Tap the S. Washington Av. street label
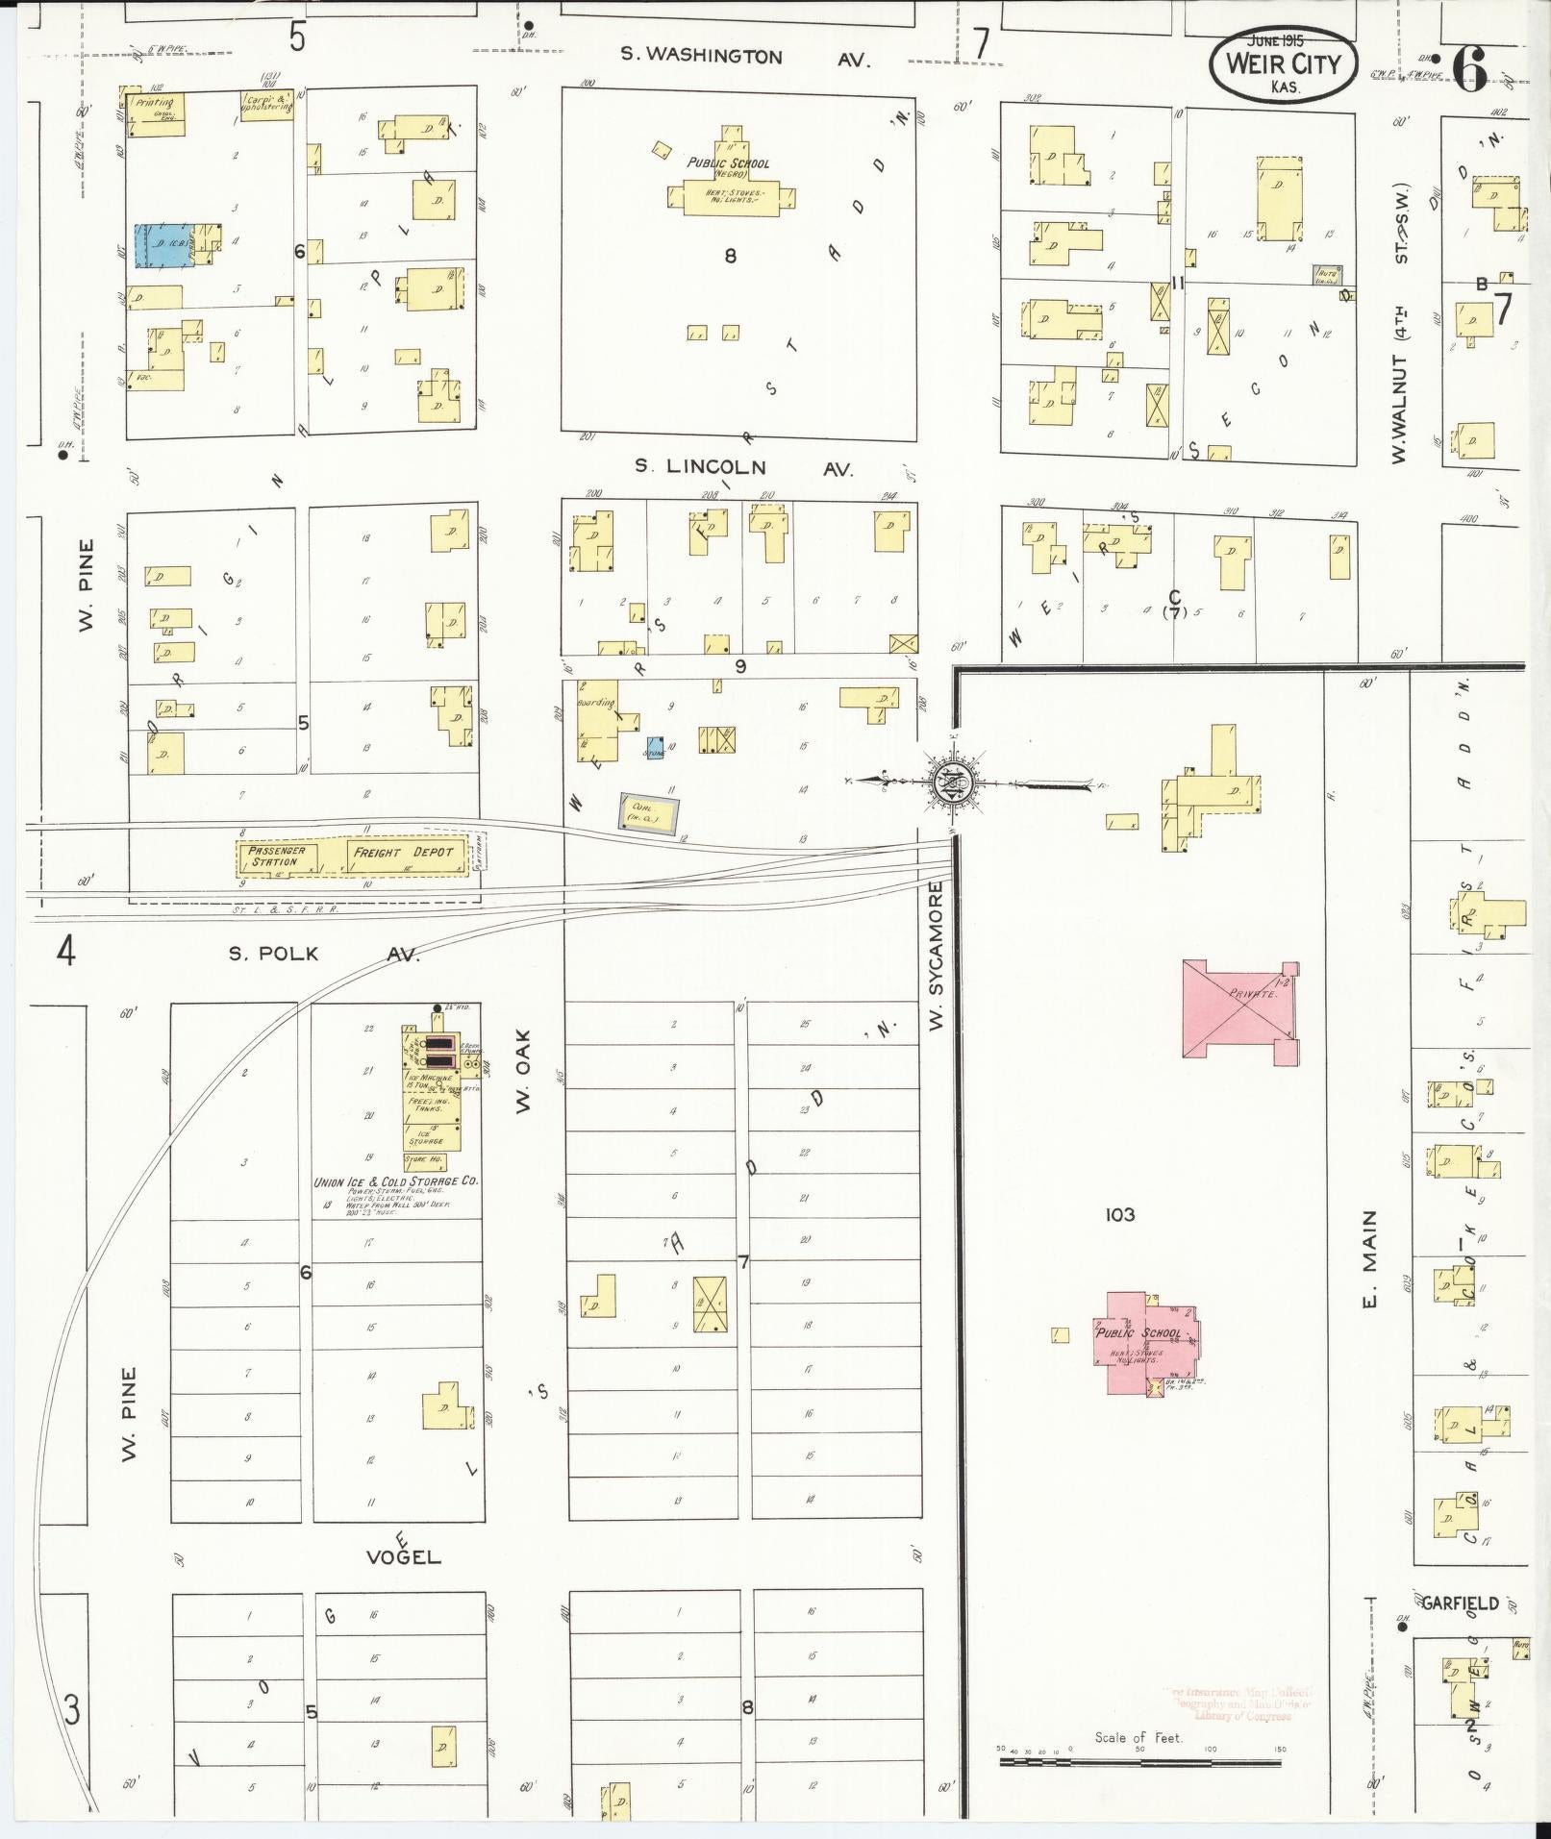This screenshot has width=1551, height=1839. (x=744, y=58)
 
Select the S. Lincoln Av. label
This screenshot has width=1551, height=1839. (x=743, y=467)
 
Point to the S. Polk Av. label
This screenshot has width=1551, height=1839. (x=324, y=954)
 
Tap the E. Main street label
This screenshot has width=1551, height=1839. (x=1369, y=1258)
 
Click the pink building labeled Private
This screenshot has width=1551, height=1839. (x=1239, y=1009)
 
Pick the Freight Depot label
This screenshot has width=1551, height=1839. (x=402, y=853)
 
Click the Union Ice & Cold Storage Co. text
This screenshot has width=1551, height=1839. (x=397, y=1181)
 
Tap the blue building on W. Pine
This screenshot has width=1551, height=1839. (x=163, y=245)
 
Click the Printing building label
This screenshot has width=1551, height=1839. (x=155, y=103)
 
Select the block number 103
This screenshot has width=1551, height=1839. (x=1120, y=1215)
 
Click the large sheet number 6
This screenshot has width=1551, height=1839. (x=1471, y=67)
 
